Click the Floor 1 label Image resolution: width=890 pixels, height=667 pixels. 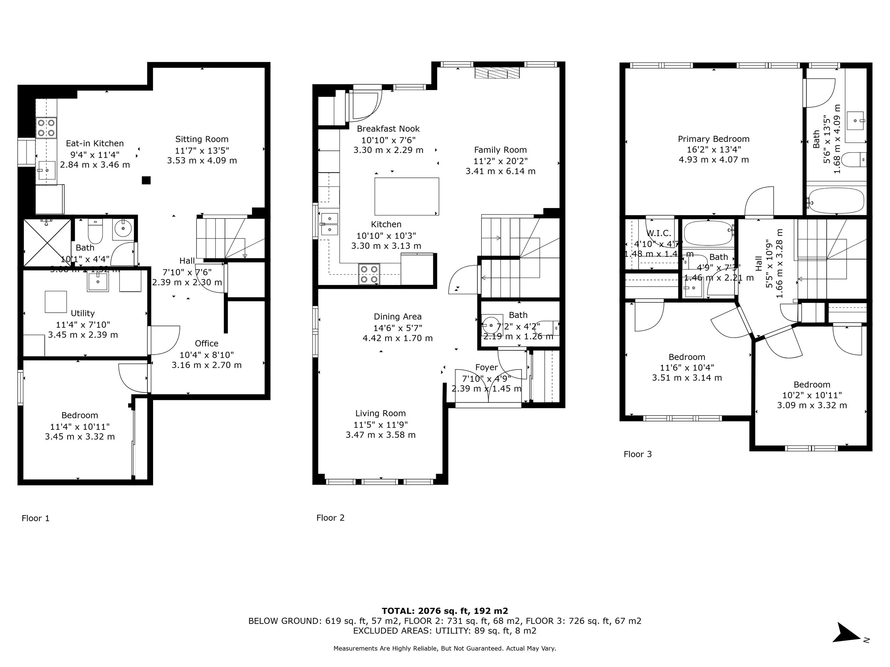(x=35, y=518)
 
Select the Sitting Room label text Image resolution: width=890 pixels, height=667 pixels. (x=201, y=139)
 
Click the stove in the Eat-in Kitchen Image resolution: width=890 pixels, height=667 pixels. (x=46, y=128)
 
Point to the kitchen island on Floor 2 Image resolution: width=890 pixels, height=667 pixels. (x=407, y=197)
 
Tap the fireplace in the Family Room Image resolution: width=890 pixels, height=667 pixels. (x=497, y=73)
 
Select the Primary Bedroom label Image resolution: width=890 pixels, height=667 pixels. (x=713, y=139)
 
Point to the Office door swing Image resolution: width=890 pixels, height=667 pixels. (x=165, y=340)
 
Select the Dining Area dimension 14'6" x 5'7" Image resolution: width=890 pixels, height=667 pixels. (x=398, y=328)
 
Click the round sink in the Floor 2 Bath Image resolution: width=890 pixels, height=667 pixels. (x=491, y=324)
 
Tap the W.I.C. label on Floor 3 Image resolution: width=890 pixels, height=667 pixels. (x=659, y=233)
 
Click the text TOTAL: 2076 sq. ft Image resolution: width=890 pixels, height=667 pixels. (x=445, y=611)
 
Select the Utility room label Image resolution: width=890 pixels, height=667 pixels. (x=83, y=313)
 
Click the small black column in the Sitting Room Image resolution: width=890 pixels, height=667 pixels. (x=146, y=180)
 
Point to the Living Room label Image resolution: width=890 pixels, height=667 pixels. (x=380, y=413)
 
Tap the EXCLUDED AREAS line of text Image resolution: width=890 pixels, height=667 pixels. (x=445, y=631)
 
